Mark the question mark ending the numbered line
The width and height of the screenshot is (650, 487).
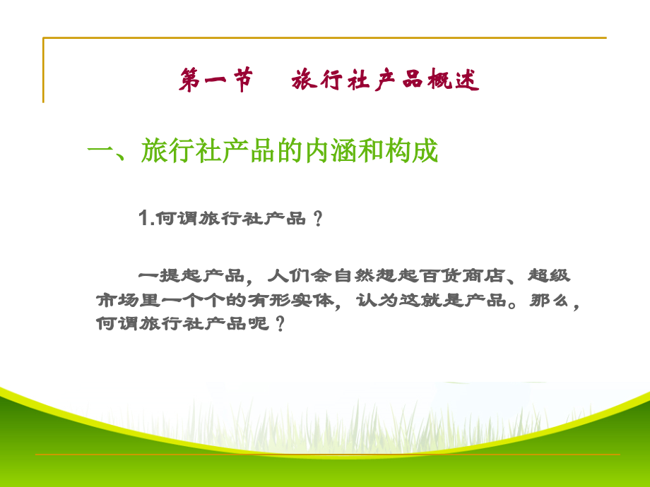tap(317, 220)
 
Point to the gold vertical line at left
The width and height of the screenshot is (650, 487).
tap(43, 71)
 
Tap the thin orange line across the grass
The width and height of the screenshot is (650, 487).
tap(325, 454)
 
